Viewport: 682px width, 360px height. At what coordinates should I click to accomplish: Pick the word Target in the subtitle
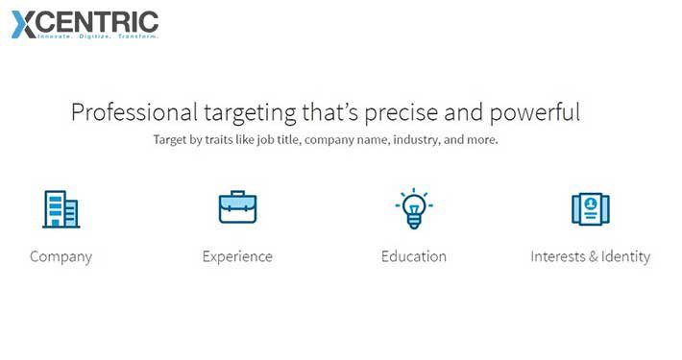coord(172,140)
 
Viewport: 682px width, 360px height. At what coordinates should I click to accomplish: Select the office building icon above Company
coord(61,208)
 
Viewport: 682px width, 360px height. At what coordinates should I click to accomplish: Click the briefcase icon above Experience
coord(237,207)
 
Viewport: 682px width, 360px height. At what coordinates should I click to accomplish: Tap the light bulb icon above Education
coord(414,208)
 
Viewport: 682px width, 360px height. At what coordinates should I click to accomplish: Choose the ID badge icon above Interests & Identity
coord(591,208)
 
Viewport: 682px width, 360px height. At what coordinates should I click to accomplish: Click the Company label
coord(61,257)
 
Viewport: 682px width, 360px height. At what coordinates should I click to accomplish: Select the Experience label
coord(237,257)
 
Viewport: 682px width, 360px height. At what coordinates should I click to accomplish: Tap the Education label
coord(414,257)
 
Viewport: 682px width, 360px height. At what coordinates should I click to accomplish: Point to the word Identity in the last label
coord(626,257)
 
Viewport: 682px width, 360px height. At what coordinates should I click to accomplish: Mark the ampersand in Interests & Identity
coord(594,257)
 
